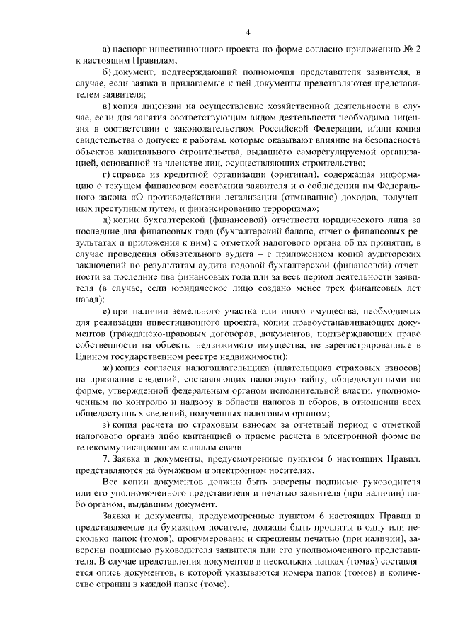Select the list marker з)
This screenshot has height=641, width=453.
107,424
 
